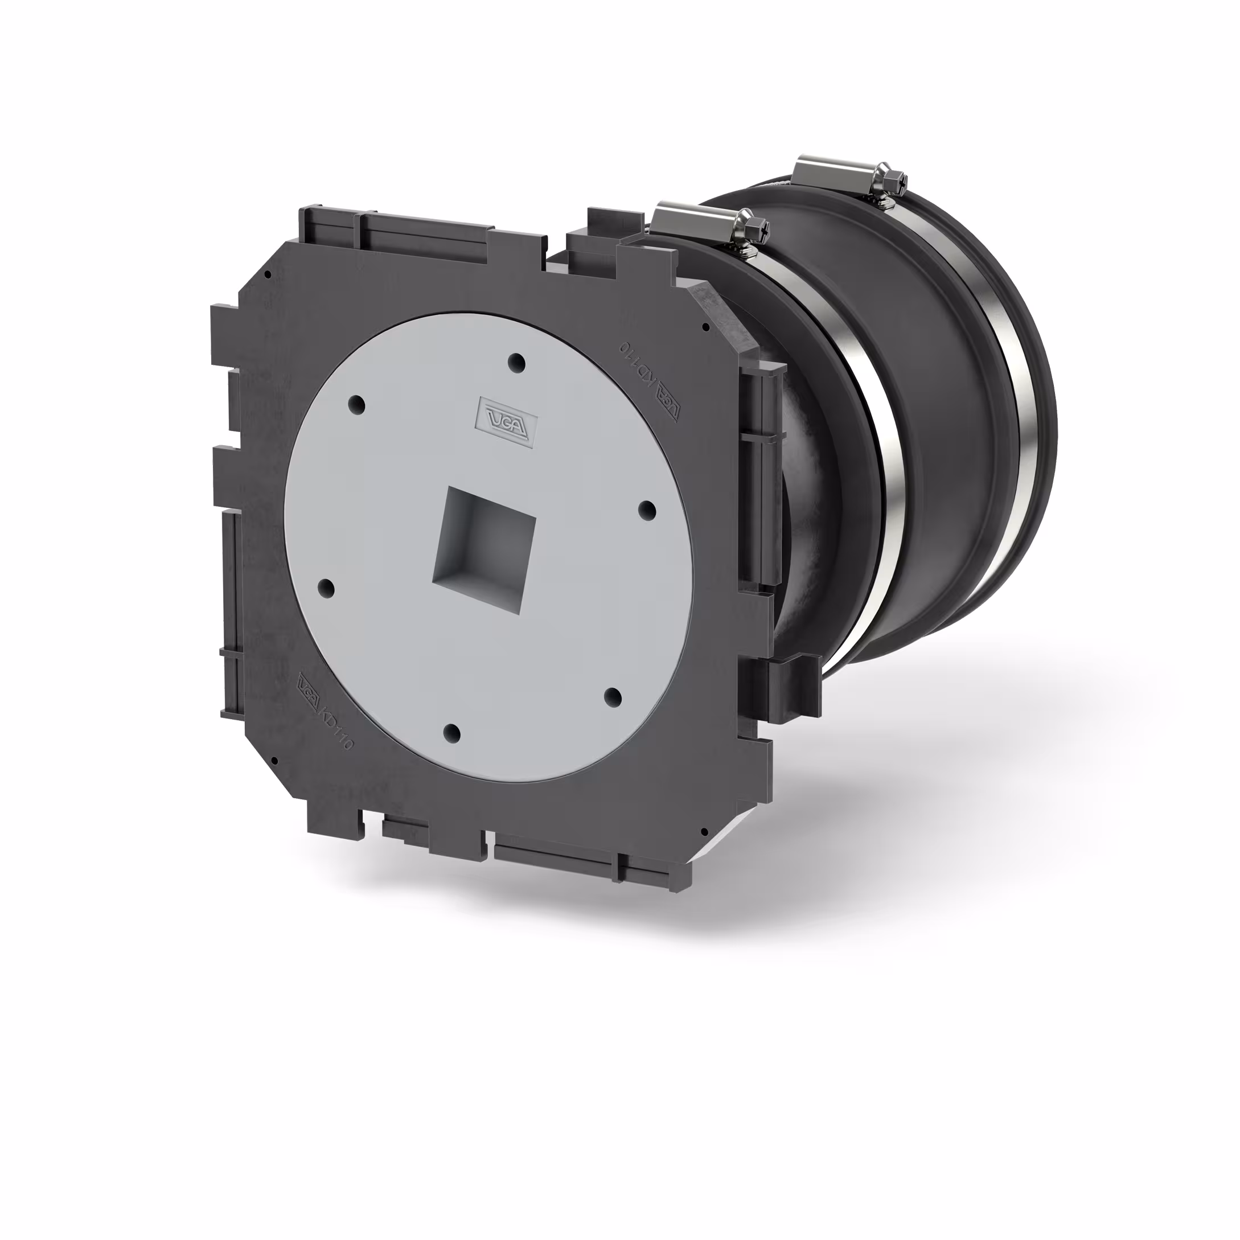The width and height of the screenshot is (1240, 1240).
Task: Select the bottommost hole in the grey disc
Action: pyautogui.click(x=453, y=732)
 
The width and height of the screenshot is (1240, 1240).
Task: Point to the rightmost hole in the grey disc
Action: pyautogui.click(x=647, y=510)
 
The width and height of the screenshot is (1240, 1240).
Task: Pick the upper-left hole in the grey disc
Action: pyautogui.click(x=357, y=404)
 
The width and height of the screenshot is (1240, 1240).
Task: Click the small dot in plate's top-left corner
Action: pyautogui.click(x=268, y=274)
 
